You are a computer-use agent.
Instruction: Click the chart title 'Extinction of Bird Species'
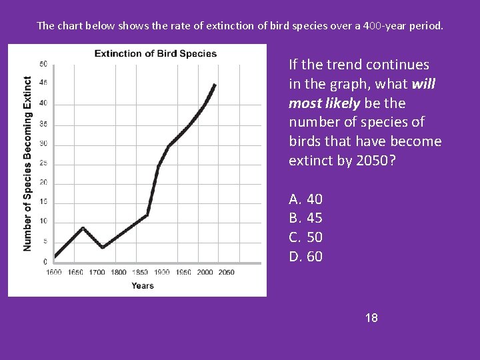click(x=155, y=53)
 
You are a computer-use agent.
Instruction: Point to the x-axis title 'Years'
click(x=142, y=286)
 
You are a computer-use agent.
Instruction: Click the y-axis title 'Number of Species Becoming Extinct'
click(x=27, y=163)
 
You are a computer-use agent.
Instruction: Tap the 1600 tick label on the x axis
click(x=54, y=272)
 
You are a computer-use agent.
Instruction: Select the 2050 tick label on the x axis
click(x=226, y=272)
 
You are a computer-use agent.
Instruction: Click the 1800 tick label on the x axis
click(x=118, y=272)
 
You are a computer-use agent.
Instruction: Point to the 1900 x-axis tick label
click(x=161, y=272)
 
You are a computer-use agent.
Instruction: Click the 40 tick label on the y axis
click(x=43, y=103)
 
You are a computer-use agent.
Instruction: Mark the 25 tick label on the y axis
click(x=43, y=163)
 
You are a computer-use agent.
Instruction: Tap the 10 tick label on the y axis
click(x=43, y=221)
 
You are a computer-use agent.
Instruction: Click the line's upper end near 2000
click(x=215, y=85)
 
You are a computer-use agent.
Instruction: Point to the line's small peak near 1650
click(x=83, y=228)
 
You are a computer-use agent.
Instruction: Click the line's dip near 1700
click(x=103, y=247)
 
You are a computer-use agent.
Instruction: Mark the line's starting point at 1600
click(x=55, y=256)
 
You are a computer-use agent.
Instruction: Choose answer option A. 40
click(x=306, y=199)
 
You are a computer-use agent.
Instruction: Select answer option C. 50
click(x=306, y=237)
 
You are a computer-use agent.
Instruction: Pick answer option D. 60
click(x=306, y=257)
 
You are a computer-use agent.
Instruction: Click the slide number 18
click(x=371, y=318)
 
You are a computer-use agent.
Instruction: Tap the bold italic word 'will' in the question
click(x=424, y=84)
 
